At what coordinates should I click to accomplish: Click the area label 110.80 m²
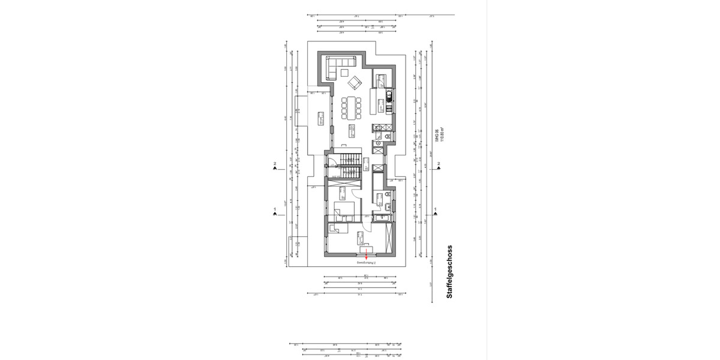click(x=443, y=137)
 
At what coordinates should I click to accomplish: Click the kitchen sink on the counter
click(x=388, y=95)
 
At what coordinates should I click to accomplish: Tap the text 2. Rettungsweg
click(x=365, y=263)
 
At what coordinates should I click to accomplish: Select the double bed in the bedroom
click(x=344, y=210)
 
